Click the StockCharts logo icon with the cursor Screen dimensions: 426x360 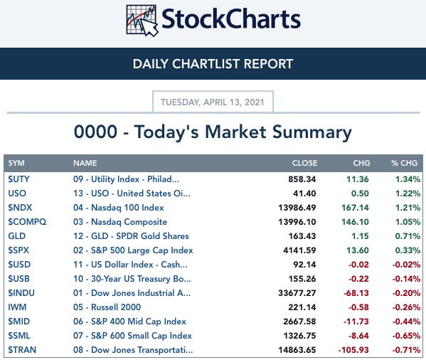click(x=142, y=21)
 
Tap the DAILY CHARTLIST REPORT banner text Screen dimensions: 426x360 click(x=213, y=64)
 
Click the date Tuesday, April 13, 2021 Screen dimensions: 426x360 click(x=213, y=102)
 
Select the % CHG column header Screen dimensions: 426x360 click(x=404, y=163)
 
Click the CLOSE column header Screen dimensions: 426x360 click(x=304, y=163)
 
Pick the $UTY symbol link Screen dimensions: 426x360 click(x=18, y=179)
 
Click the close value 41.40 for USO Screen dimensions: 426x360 click(x=304, y=194)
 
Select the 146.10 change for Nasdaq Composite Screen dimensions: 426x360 click(x=355, y=222)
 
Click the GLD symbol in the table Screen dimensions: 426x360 click(x=17, y=236)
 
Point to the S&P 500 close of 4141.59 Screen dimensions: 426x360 click(x=299, y=250)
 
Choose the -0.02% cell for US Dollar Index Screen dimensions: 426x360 click(x=406, y=265)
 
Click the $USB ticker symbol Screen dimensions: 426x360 click(x=18, y=279)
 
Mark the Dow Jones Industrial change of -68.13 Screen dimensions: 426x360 click(x=356, y=293)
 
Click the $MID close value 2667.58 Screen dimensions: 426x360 click(x=299, y=322)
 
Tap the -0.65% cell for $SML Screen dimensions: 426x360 click(x=406, y=336)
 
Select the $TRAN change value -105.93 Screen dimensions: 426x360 click(x=353, y=350)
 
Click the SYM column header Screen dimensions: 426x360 click(x=16, y=163)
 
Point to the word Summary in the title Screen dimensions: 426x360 click(x=312, y=132)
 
